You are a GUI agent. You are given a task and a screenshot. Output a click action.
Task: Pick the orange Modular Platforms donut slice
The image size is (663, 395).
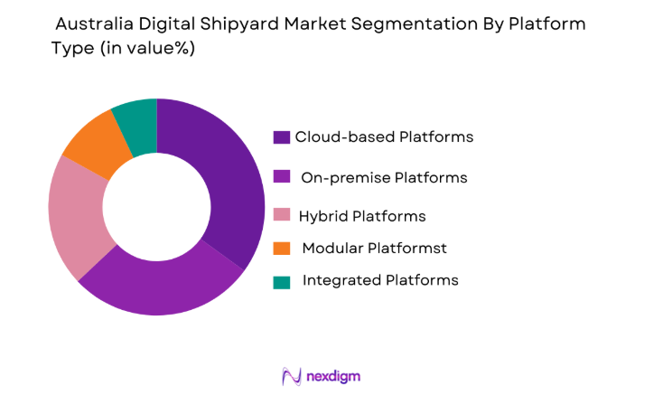(x=94, y=145)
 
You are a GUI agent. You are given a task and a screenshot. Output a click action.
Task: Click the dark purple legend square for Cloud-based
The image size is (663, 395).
(x=282, y=137)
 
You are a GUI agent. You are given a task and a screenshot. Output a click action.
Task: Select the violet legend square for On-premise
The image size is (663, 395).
(x=282, y=177)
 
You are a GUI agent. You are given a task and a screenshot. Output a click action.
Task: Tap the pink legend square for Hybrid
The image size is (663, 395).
(x=282, y=217)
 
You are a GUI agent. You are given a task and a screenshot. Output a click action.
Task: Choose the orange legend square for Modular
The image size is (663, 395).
(x=282, y=248)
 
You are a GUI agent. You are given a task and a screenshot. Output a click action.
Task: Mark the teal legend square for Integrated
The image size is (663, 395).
(x=282, y=281)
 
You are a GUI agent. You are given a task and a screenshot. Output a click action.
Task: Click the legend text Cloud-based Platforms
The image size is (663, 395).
(x=384, y=137)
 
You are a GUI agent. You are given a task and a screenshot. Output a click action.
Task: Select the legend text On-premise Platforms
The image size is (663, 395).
(x=384, y=177)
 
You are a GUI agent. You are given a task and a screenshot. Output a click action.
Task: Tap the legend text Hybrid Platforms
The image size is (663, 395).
(x=361, y=217)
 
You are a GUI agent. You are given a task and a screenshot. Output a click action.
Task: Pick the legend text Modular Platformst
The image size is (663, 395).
(x=374, y=248)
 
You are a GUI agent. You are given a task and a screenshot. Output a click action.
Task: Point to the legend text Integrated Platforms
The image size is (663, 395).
(x=380, y=280)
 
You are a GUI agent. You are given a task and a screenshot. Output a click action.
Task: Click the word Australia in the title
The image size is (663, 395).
(x=96, y=24)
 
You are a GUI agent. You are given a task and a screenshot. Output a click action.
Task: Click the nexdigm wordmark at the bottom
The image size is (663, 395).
(x=333, y=375)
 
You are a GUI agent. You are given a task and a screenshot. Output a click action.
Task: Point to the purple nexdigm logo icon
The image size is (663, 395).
(x=291, y=375)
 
